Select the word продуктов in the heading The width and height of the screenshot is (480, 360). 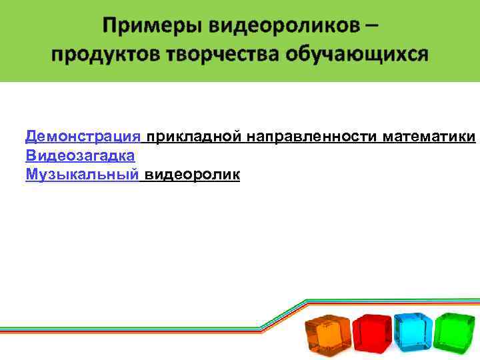[x=98, y=53]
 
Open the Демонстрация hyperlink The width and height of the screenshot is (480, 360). [x=83, y=137]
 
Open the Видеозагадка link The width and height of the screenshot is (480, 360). [x=80, y=156]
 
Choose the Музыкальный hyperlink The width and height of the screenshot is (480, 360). [x=82, y=175]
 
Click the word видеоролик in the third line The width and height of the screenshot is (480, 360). [x=193, y=175]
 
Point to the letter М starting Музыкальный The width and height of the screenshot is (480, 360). [x=30, y=175]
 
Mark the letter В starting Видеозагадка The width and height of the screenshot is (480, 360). [x=29, y=156]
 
